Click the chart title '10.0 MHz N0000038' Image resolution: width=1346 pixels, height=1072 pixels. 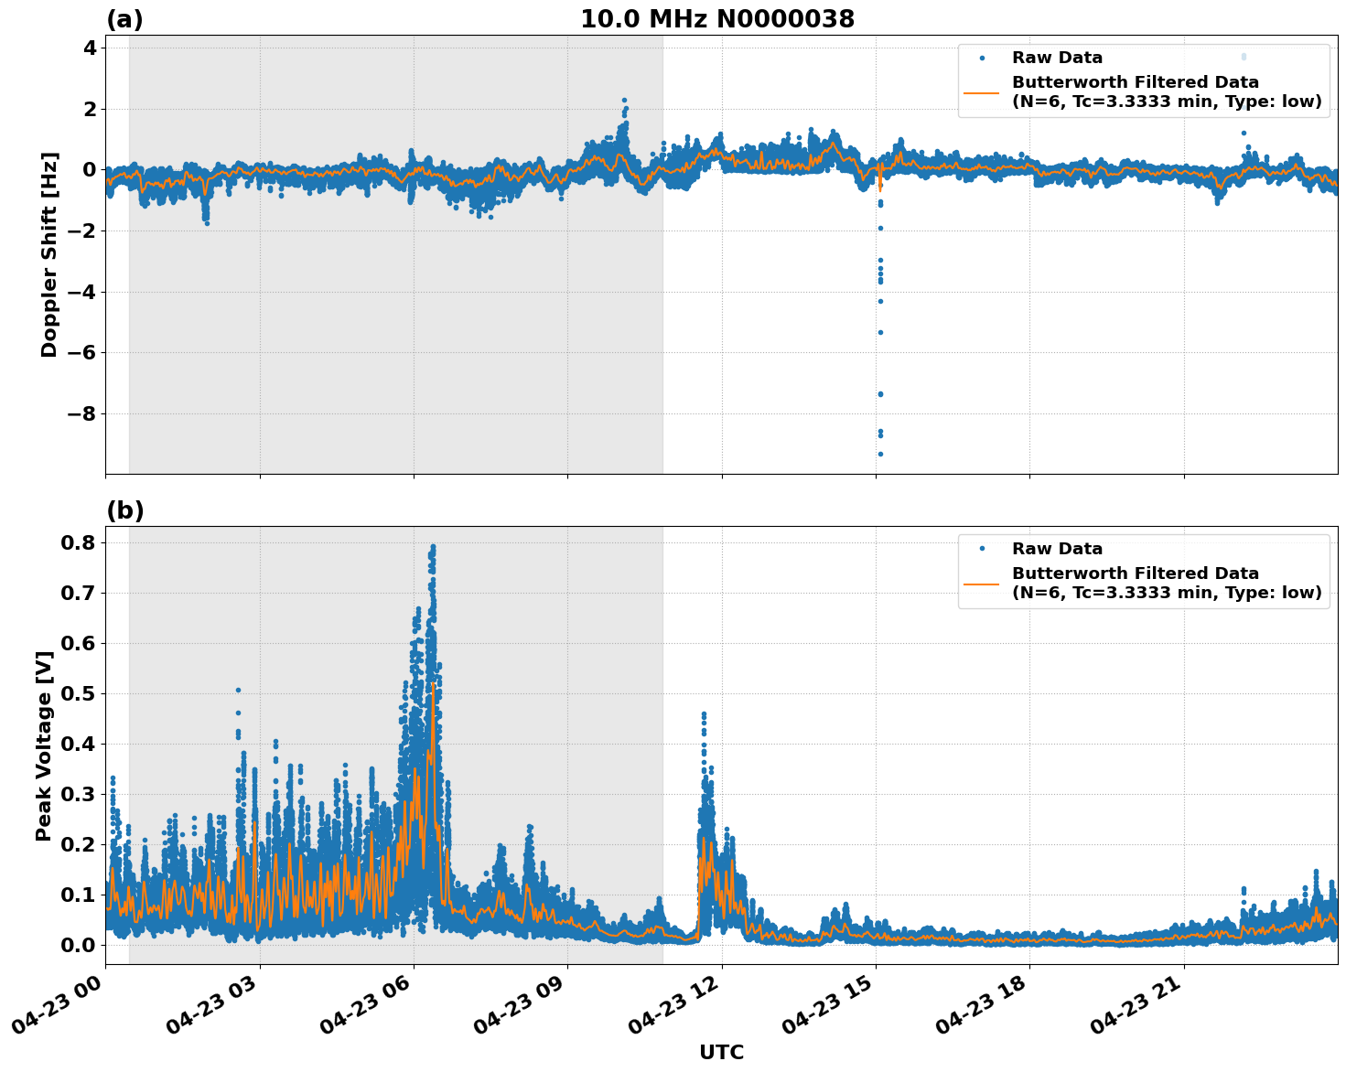[x=717, y=19]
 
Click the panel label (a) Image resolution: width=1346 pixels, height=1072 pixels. [x=124, y=19]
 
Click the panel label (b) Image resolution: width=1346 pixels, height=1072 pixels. [x=124, y=510]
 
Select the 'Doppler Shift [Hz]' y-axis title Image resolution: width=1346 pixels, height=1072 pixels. [x=49, y=254]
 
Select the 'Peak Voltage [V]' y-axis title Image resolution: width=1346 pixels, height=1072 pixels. [x=43, y=745]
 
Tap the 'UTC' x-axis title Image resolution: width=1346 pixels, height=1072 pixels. [x=721, y=1052]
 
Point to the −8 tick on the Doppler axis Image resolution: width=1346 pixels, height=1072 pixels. [x=82, y=413]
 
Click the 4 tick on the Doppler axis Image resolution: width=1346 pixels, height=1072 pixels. [x=90, y=48]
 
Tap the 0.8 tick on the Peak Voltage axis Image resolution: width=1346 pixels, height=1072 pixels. [x=78, y=542]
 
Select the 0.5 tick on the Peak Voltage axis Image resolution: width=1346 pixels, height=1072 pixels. [x=78, y=693]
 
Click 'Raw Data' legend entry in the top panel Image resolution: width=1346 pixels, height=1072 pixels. [x=1057, y=58]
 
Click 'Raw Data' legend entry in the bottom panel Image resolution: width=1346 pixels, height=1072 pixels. [x=1057, y=549]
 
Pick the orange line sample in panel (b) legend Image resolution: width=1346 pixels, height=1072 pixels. [x=982, y=583]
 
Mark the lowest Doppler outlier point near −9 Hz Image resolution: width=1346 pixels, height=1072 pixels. [x=880, y=454]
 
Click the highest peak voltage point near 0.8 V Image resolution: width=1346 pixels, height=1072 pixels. [x=433, y=547]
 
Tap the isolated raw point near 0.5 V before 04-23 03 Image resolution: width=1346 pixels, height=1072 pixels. [x=238, y=690]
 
